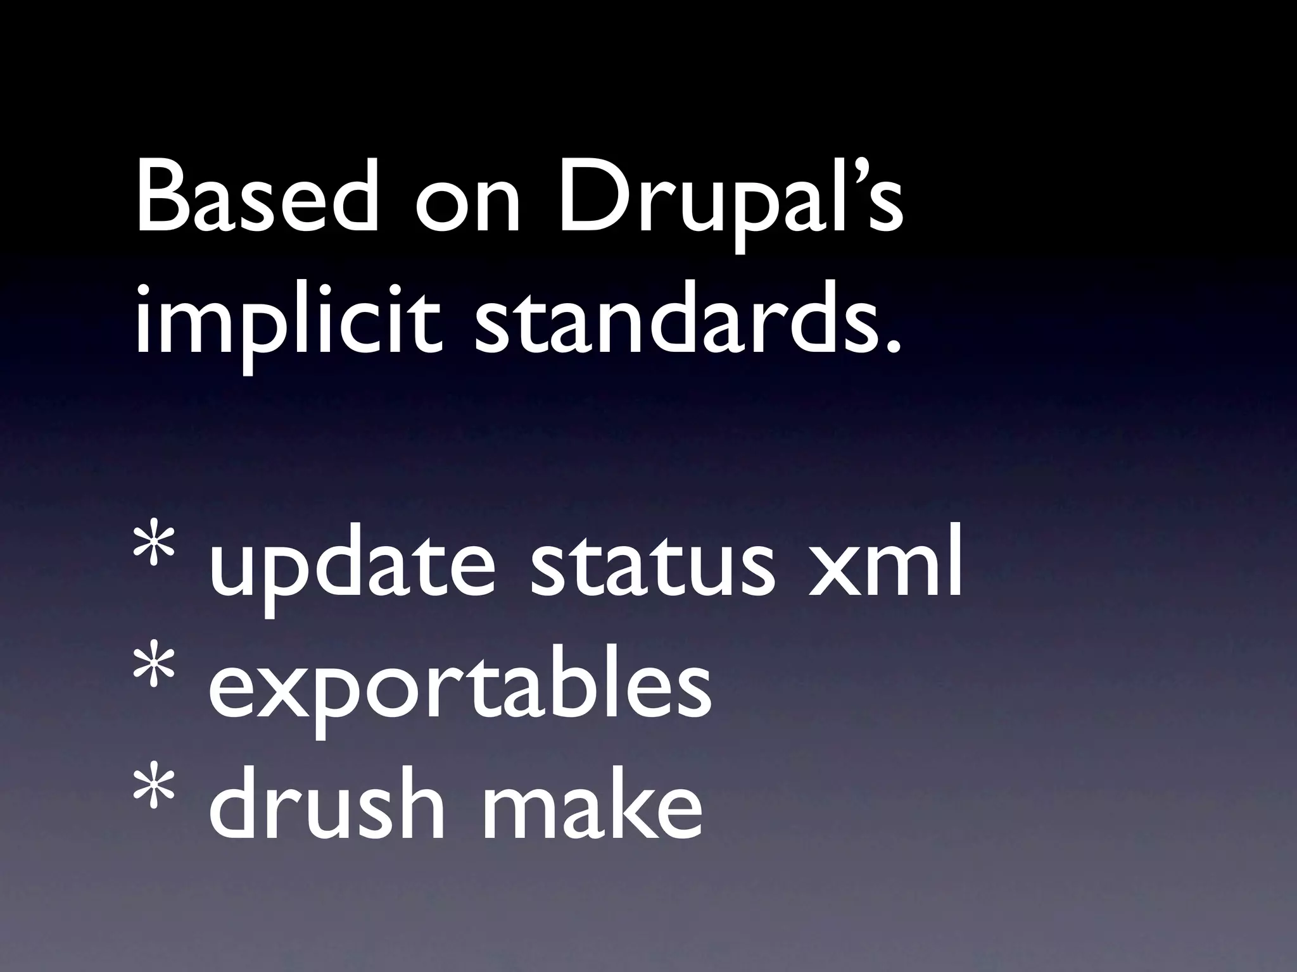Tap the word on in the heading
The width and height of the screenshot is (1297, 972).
pos(467,209)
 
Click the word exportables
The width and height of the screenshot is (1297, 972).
pos(459,690)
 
